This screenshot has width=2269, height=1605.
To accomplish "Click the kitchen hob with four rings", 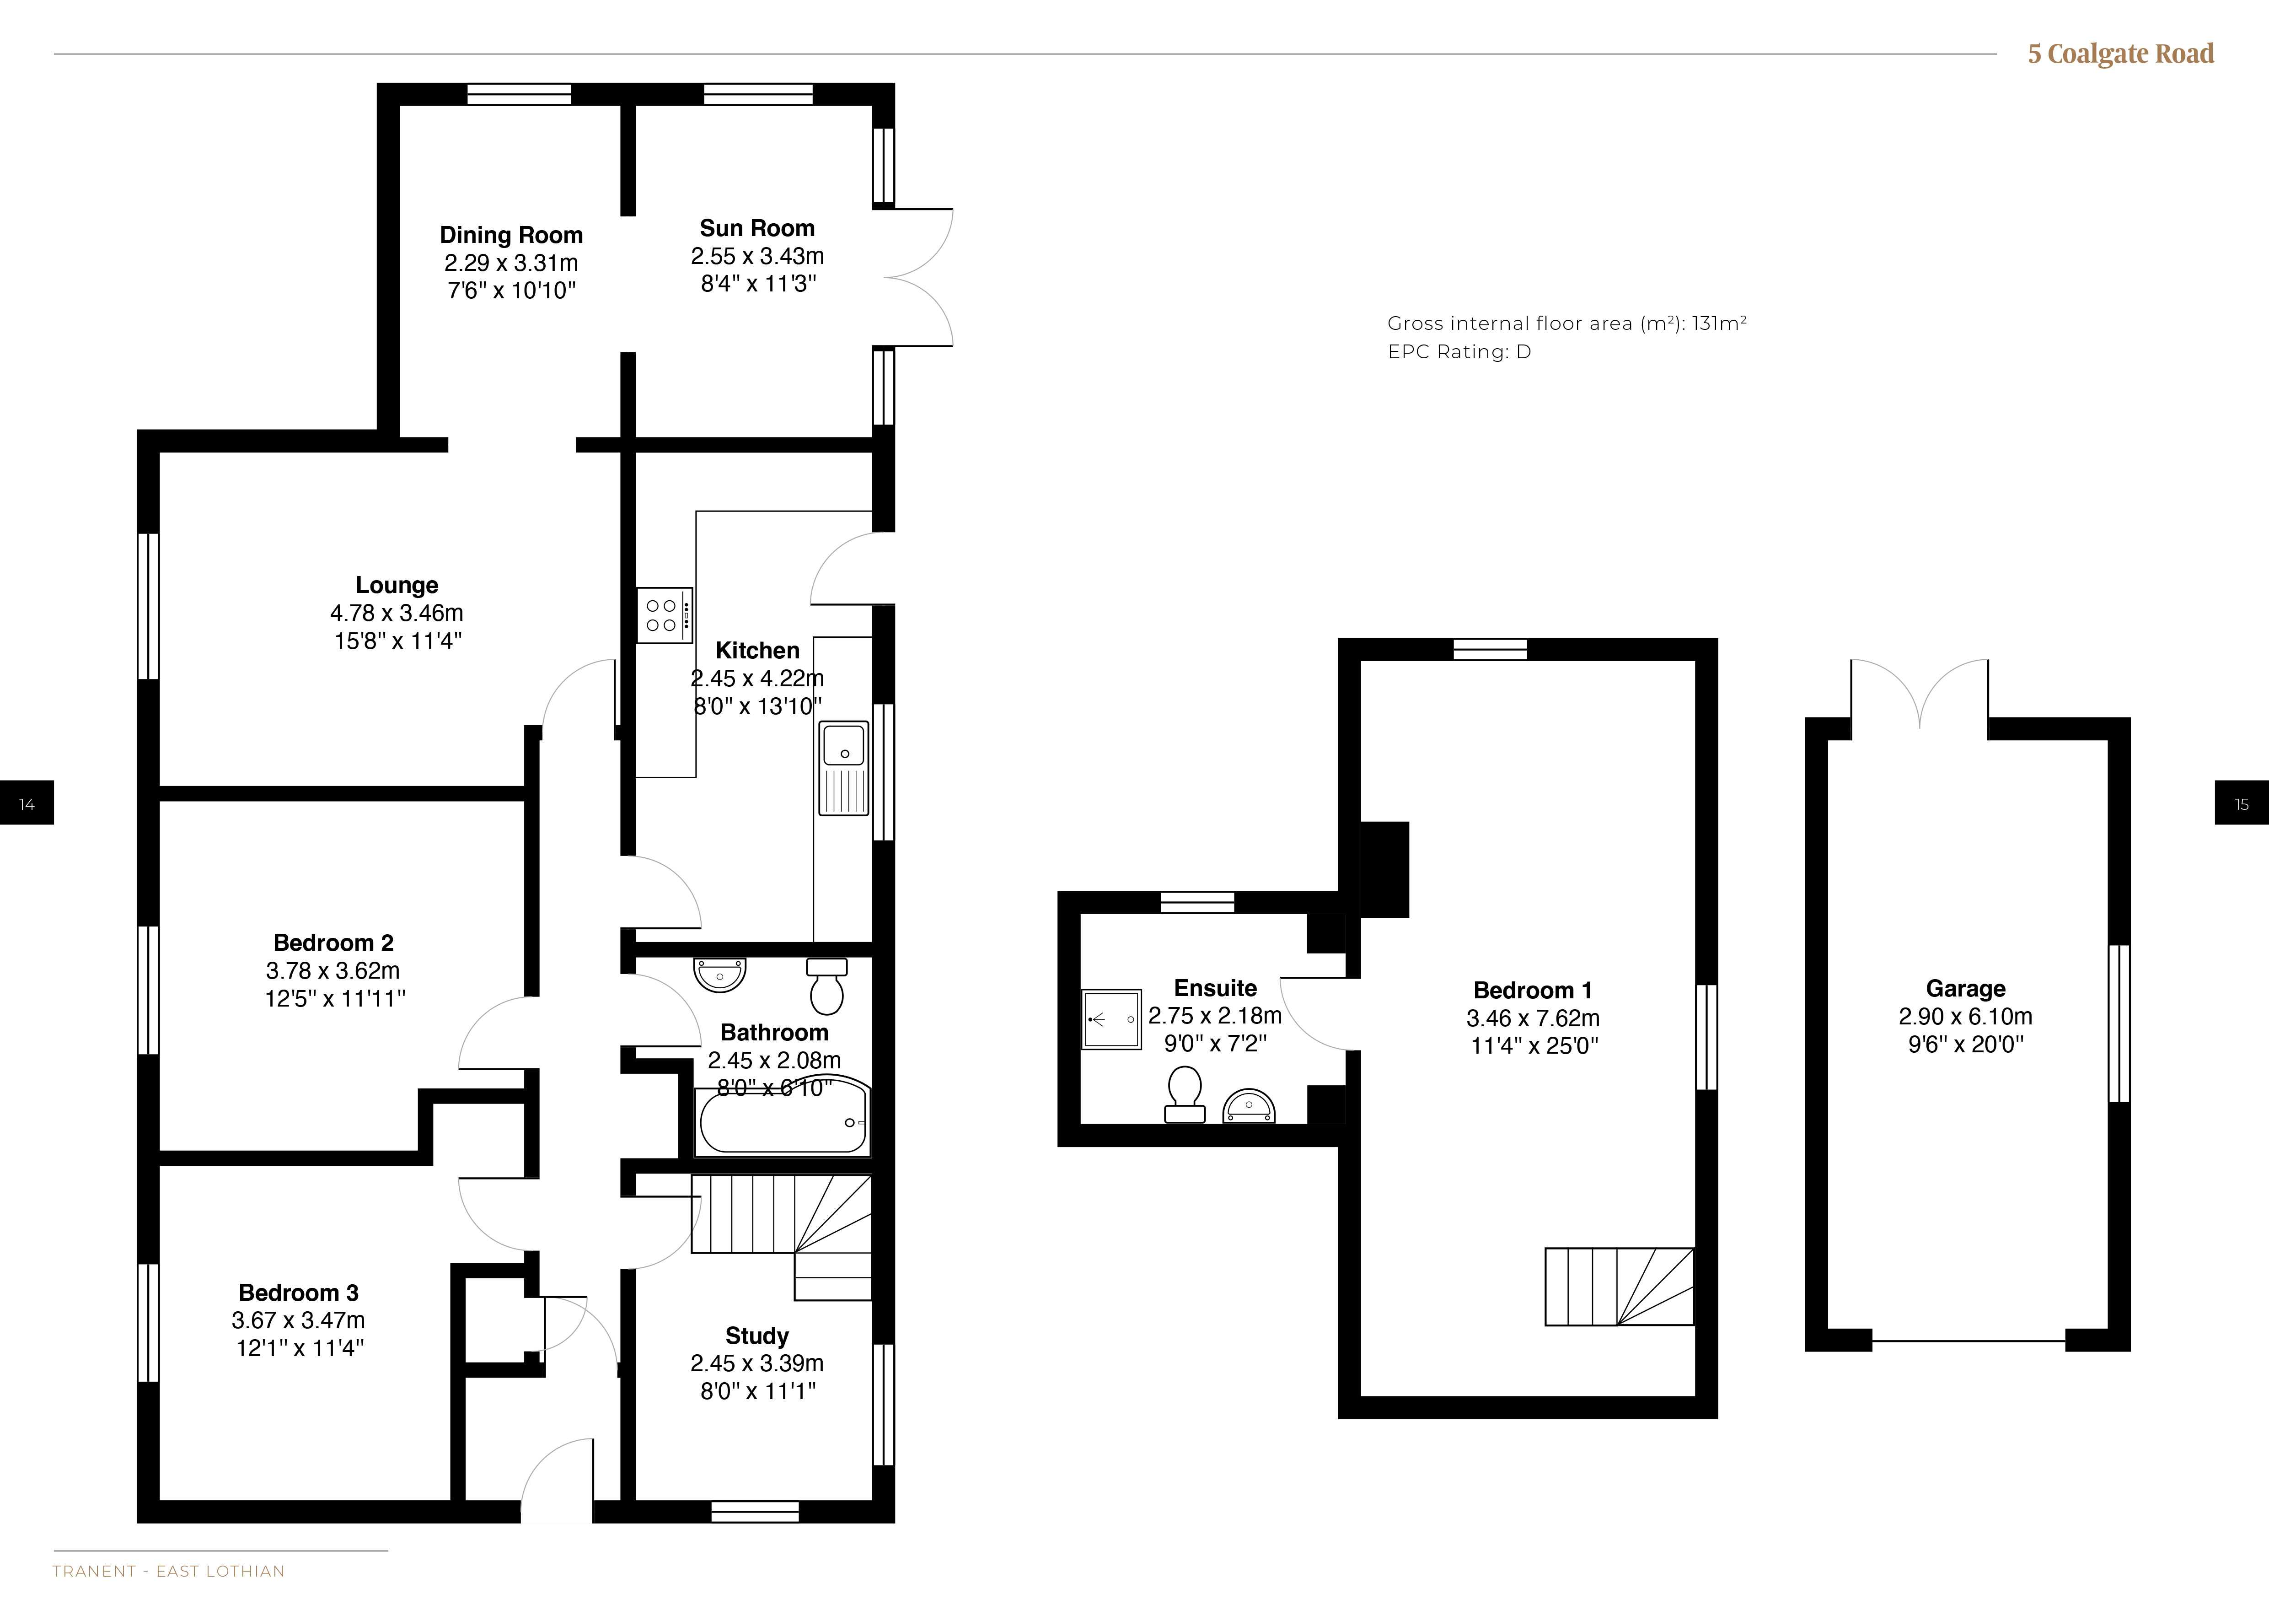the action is (664, 615).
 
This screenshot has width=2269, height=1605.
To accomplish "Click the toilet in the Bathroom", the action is (827, 986).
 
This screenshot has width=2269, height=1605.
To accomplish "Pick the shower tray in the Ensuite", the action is (1112, 1019).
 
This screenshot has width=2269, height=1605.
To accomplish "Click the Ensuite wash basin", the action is (1249, 1107).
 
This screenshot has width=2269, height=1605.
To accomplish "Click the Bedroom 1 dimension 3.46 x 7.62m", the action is (1533, 1018).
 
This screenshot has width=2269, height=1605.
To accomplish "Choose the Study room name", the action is (757, 1336).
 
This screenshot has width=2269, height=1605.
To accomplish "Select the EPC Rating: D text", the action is (1459, 352).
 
